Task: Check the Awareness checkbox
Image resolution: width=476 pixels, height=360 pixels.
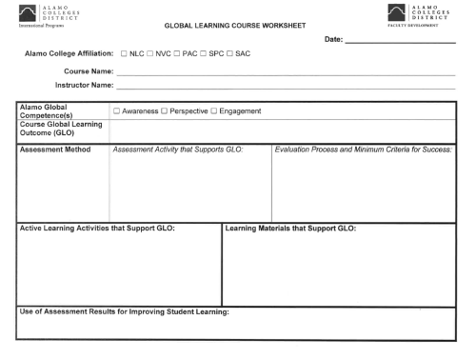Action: click(116, 112)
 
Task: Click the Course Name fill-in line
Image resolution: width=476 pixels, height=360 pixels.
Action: click(286, 73)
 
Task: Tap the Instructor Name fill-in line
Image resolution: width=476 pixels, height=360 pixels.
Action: click(286, 87)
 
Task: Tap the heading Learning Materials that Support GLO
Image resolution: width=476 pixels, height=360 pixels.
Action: click(289, 229)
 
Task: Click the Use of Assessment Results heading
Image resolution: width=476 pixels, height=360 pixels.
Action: click(124, 312)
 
